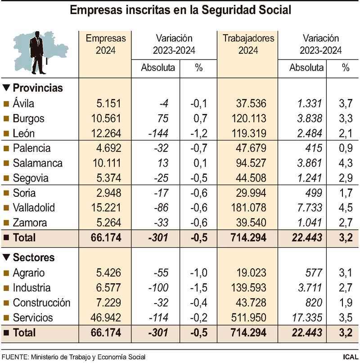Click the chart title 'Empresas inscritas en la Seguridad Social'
point(180,10)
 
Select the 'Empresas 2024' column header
point(105,44)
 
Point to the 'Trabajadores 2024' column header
point(248,44)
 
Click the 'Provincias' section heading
point(37,88)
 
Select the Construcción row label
point(41,303)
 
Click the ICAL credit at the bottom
point(350,357)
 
